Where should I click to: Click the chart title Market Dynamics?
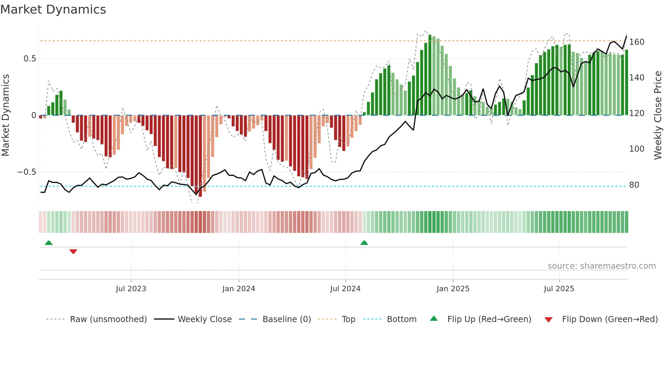pyautogui.click(x=53, y=10)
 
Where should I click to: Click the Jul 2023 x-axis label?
pyautogui.click(x=131, y=289)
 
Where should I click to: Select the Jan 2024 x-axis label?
pyautogui.click(x=239, y=289)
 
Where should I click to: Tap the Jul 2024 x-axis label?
pyautogui.click(x=345, y=289)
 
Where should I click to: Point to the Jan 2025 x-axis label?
pyautogui.click(x=453, y=289)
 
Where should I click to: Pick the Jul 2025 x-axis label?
pyautogui.click(x=559, y=289)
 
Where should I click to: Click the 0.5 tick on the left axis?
pyautogui.click(x=30, y=59)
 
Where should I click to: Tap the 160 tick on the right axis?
pyautogui.click(x=636, y=42)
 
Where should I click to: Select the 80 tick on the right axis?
pyautogui.click(x=634, y=185)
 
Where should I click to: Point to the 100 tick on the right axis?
pyautogui.click(x=636, y=149)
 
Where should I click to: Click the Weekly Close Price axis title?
pyautogui.click(x=658, y=115)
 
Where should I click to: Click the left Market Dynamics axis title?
pyautogui.click(x=5, y=115)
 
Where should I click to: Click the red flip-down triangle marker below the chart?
pyautogui.click(x=73, y=251)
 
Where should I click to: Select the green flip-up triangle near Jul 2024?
pyautogui.click(x=364, y=243)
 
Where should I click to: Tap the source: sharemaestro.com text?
pyautogui.click(x=601, y=266)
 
